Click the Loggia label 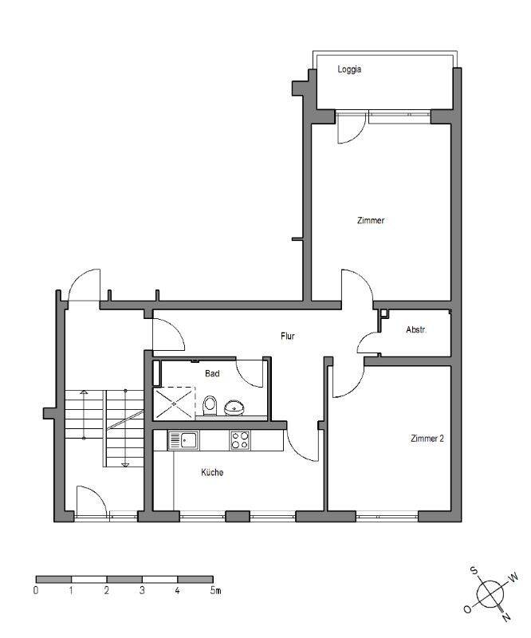(349, 69)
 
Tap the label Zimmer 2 (427, 439)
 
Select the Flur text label (287, 336)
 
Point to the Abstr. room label (416, 329)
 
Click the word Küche (212, 472)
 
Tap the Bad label (212, 373)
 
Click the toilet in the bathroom (210, 406)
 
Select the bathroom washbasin (234, 408)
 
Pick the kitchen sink (183, 441)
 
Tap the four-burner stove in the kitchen (240, 441)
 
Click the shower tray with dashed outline (174, 403)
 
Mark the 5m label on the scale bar (215, 590)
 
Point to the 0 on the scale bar (36, 590)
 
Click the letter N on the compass (505, 616)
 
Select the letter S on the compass (474, 570)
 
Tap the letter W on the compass (513, 577)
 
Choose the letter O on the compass (467, 609)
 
